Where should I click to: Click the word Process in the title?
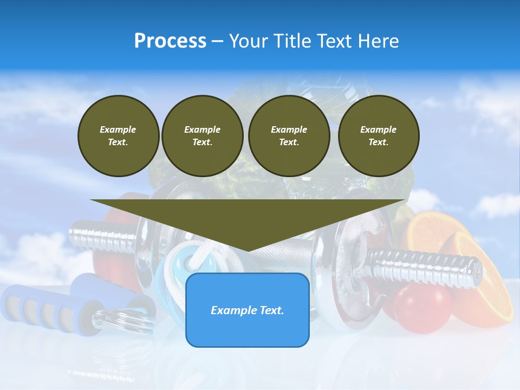[x=170, y=41]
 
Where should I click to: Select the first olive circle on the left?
[x=118, y=136]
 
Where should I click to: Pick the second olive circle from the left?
[x=202, y=136]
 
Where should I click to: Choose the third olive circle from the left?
[x=289, y=136]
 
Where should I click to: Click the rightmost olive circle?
[x=378, y=136]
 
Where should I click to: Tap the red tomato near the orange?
[x=422, y=307]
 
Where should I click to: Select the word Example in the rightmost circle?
[x=378, y=129]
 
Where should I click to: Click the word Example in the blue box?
[x=232, y=310]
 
